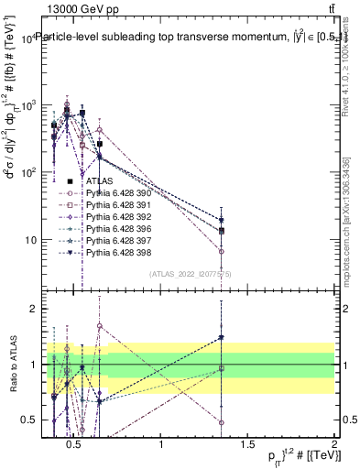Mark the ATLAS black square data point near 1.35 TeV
click(222, 231)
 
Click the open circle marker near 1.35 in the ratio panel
click(222, 422)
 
